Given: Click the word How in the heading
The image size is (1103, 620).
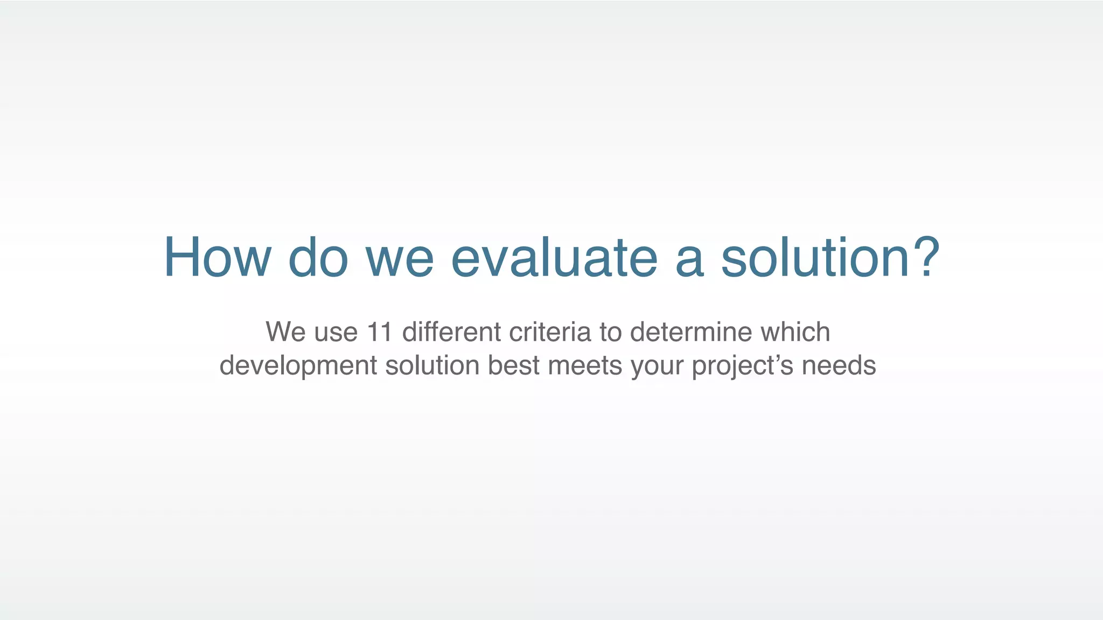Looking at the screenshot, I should pyautogui.click(x=217, y=258).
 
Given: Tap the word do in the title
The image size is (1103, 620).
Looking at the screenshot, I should pyautogui.click(x=318, y=258).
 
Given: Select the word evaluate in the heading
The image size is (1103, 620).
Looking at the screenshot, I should pyautogui.click(x=554, y=258).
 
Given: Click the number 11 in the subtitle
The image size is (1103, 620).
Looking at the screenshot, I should pyautogui.click(x=379, y=332).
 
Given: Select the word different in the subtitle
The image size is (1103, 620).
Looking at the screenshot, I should pyautogui.click(x=452, y=332).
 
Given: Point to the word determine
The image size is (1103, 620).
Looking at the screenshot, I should pyautogui.click(x=691, y=332).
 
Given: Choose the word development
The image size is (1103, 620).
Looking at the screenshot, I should pyautogui.click(x=298, y=366).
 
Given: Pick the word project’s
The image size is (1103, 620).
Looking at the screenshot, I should pyautogui.click(x=742, y=366).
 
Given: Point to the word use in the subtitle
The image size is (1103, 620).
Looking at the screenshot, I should pyautogui.click(x=336, y=333).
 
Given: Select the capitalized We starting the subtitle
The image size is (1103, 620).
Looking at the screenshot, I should pyautogui.click(x=285, y=332).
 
